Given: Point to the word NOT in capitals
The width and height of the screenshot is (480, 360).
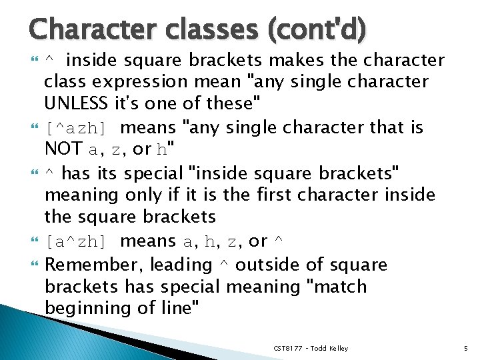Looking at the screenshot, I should pos(63,149).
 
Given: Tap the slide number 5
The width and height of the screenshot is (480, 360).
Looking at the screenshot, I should pos(465,348).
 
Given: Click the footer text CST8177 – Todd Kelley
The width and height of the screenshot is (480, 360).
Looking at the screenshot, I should pos(310,348).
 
